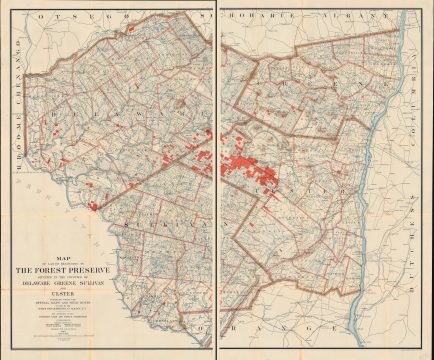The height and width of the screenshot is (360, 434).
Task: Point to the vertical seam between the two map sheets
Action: [x=217, y=180]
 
